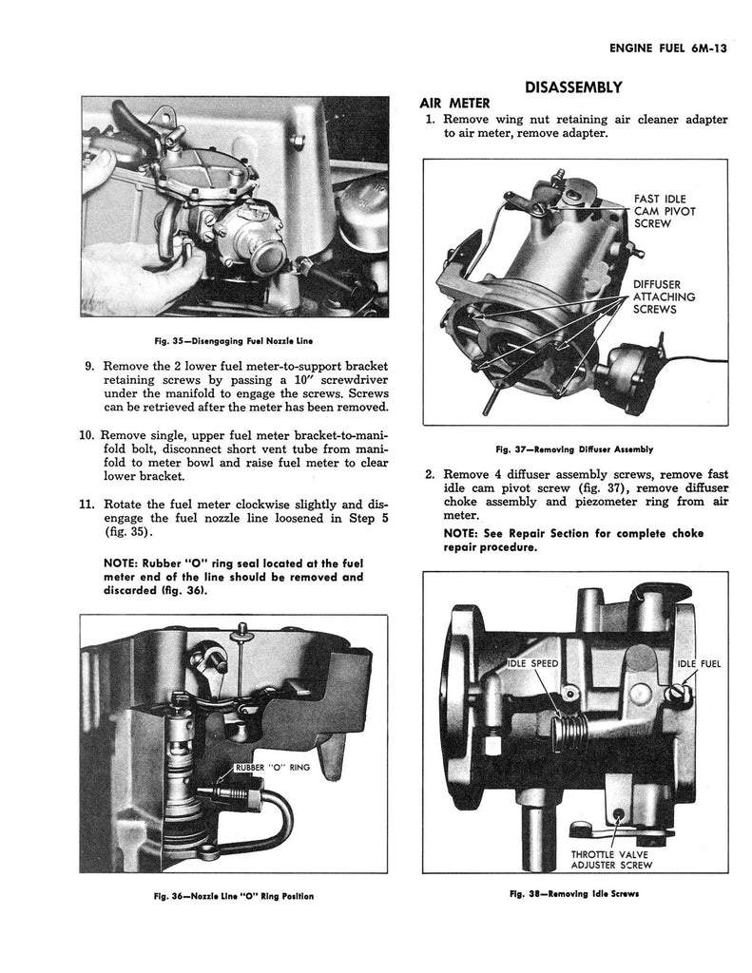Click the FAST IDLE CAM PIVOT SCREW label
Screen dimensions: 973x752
[x=665, y=211]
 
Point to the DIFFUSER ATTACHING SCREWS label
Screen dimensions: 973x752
[x=664, y=296]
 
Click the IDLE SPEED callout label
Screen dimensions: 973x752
[x=532, y=663]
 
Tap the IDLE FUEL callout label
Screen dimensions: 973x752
[x=699, y=663]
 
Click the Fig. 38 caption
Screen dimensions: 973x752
[x=573, y=894]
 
